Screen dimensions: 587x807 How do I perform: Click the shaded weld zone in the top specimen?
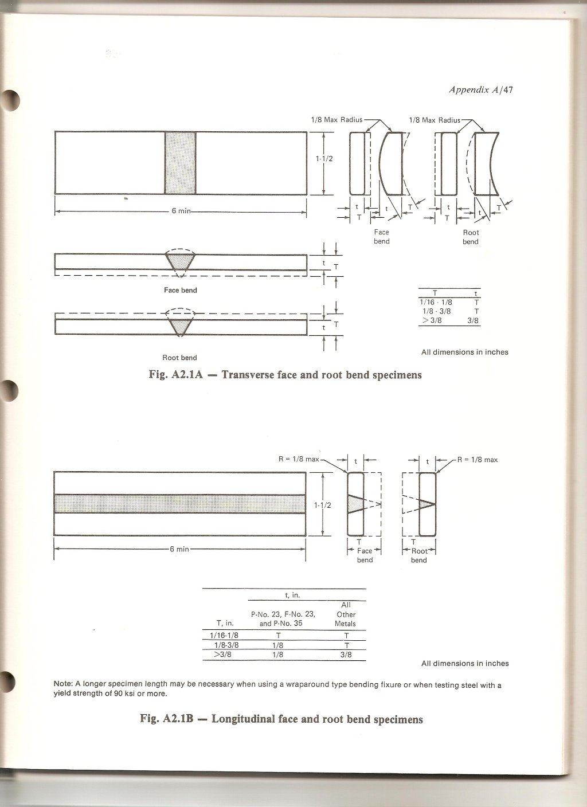point(180,163)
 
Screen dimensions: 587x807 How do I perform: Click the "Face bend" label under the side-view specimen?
point(180,290)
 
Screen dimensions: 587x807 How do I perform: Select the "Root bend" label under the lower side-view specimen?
point(179,358)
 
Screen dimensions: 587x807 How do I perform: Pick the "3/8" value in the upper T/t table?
point(473,321)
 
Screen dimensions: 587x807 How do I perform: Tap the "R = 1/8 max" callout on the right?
point(478,460)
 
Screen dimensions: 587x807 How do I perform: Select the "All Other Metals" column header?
point(346,614)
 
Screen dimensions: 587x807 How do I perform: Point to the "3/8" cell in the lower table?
point(346,654)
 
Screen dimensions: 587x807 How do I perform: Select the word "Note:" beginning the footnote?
point(62,684)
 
